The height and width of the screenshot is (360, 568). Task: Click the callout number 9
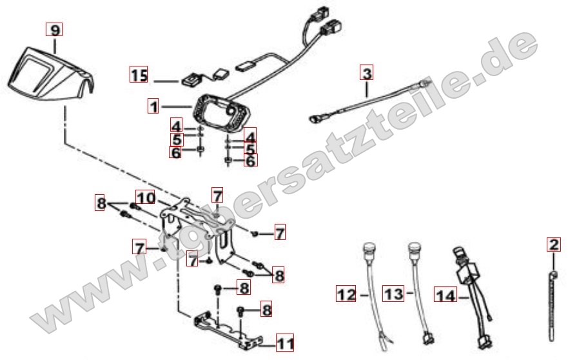coord(54,30)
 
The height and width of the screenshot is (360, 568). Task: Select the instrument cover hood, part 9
coord(51,74)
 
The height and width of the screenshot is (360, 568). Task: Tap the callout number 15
coord(139,74)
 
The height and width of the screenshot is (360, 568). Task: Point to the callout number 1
coord(153,106)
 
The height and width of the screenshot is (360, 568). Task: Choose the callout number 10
coord(145,197)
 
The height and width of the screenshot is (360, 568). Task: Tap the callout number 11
coord(285,343)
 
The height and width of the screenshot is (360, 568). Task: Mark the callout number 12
coord(346,294)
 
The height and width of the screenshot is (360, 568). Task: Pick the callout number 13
coord(394,294)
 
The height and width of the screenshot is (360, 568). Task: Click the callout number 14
coord(445,295)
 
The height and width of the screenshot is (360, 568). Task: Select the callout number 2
coord(554,245)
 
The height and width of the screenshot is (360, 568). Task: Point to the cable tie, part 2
coord(553,306)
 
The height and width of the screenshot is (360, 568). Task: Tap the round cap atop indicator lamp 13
coord(414,248)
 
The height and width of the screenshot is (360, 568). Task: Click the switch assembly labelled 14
coord(471,297)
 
